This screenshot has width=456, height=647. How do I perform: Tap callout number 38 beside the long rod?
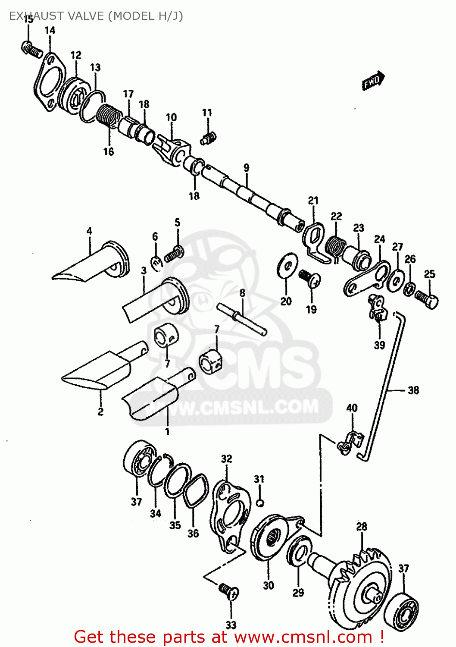click(413, 390)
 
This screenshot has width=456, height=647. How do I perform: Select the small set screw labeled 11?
click(208, 138)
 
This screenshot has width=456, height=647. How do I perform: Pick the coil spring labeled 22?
click(335, 248)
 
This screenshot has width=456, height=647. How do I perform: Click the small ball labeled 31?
click(259, 503)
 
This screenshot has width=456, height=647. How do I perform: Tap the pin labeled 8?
click(243, 319)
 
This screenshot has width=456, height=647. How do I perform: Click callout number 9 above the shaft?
click(246, 168)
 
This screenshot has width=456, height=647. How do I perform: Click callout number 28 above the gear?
click(362, 526)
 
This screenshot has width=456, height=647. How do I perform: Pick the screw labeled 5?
click(174, 254)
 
